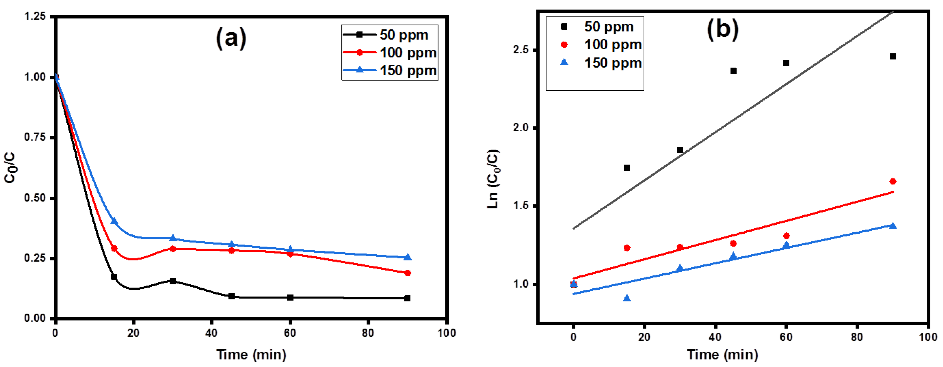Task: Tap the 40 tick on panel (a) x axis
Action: (x=212, y=333)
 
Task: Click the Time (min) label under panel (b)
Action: (x=722, y=355)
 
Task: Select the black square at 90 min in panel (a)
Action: (x=407, y=298)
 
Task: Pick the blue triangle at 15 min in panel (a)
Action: (x=114, y=221)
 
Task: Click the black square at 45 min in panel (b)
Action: (x=733, y=71)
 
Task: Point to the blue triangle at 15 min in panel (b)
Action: (x=627, y=298)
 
